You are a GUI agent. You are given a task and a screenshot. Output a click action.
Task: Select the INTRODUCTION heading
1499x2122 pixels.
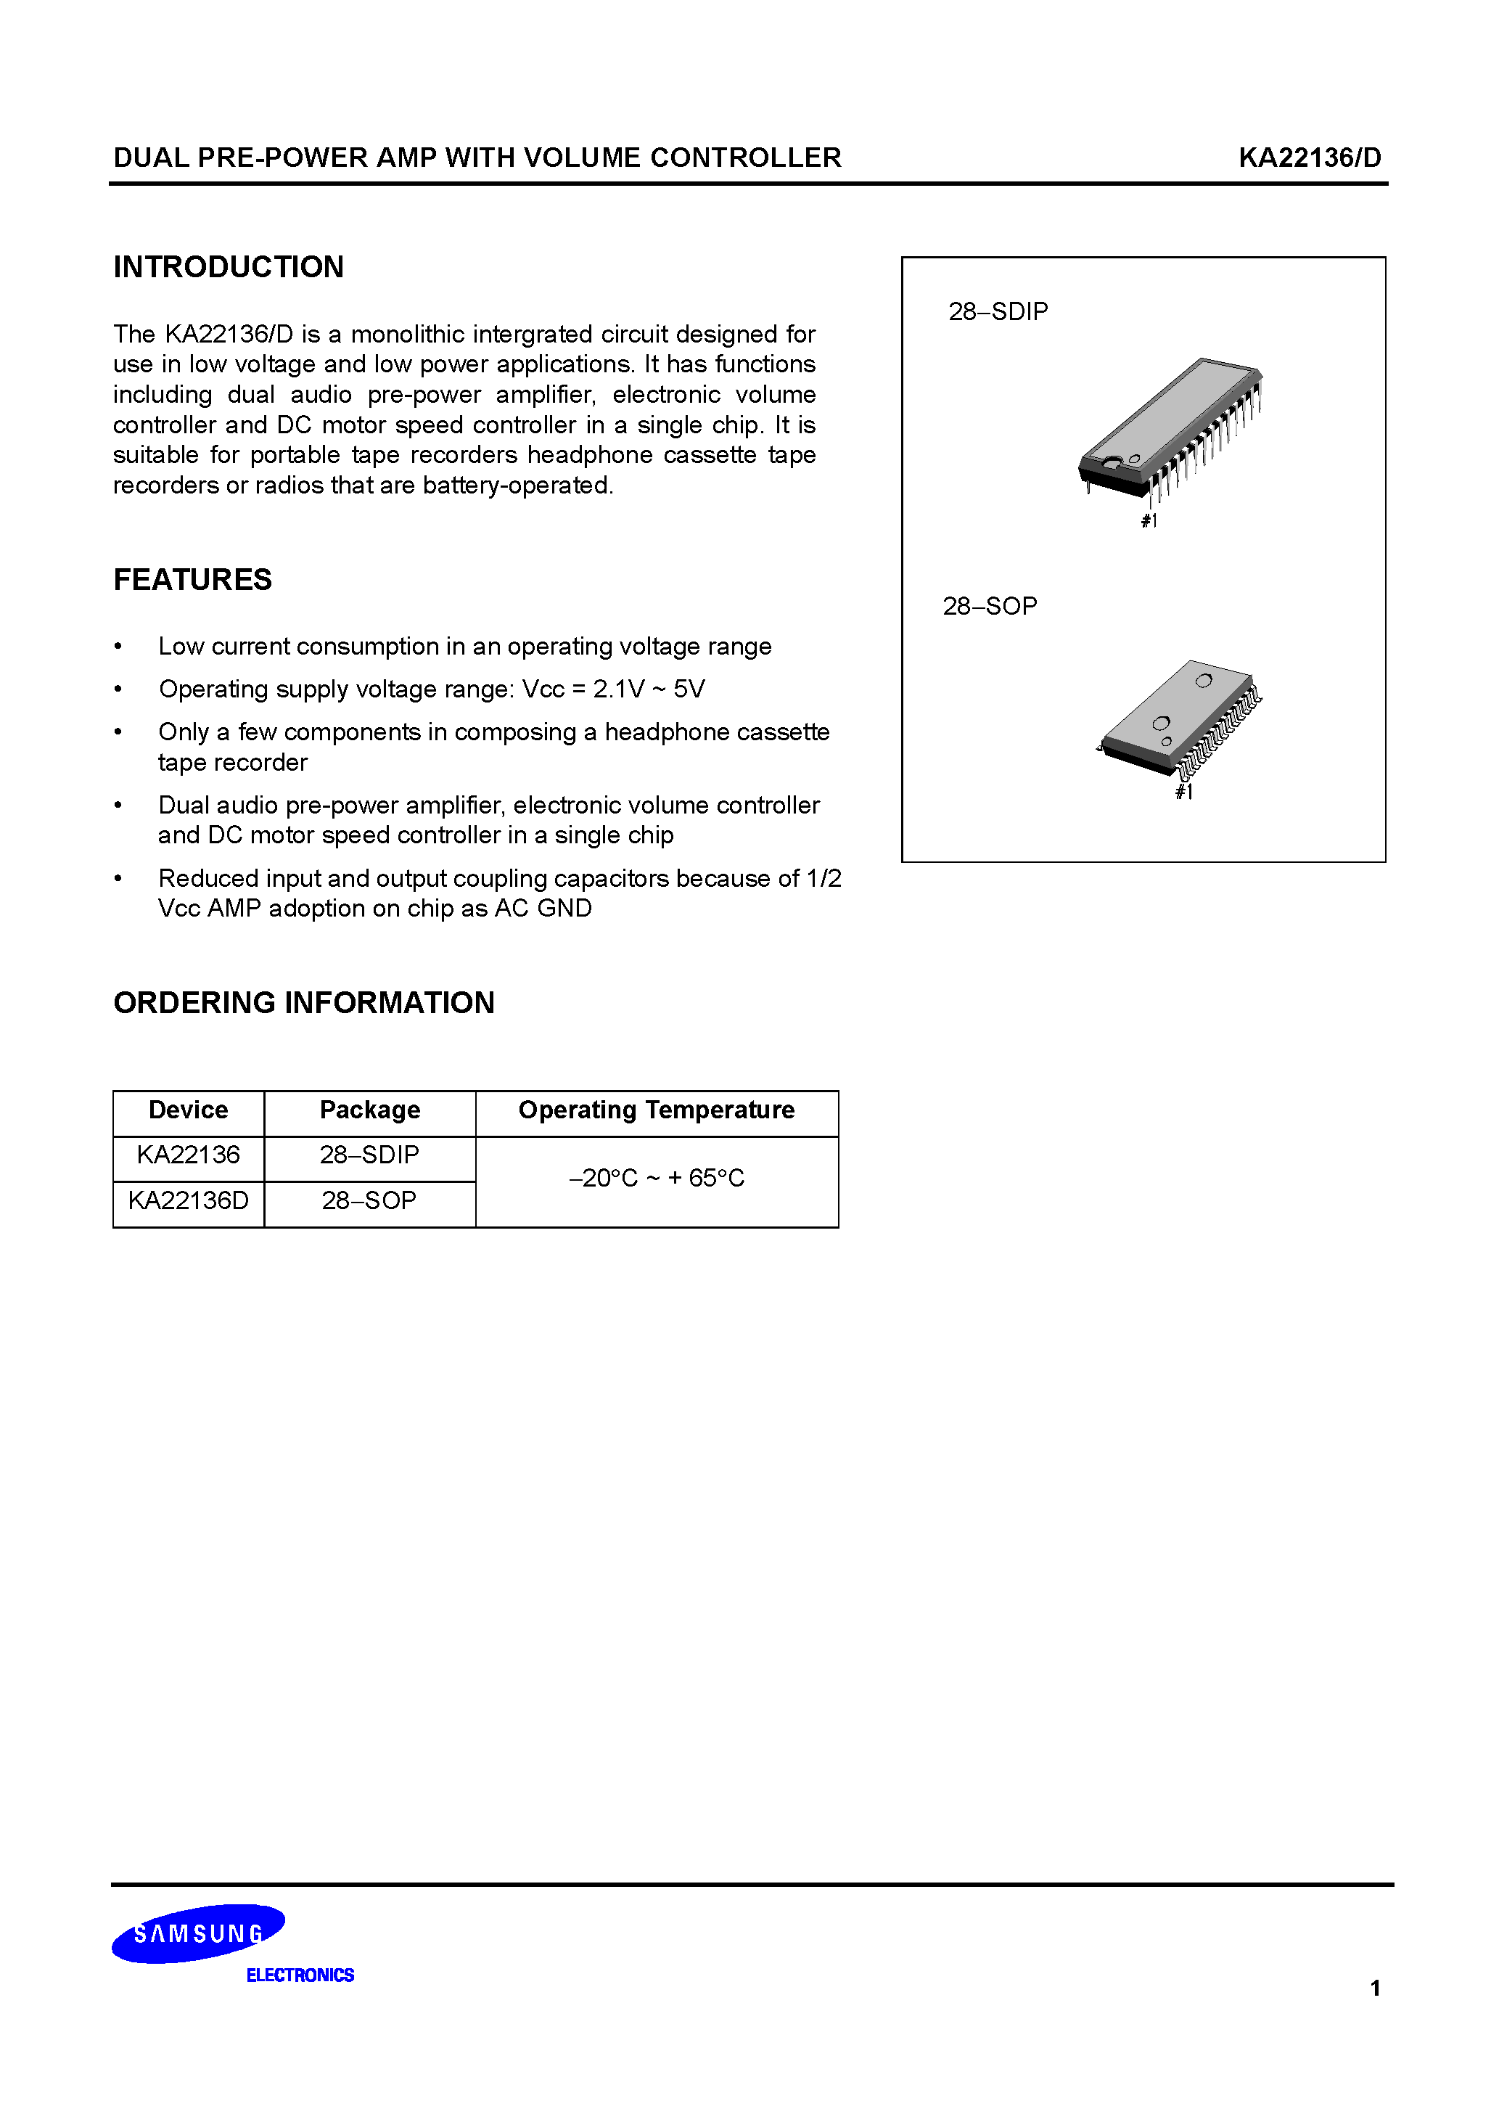coord(229,267)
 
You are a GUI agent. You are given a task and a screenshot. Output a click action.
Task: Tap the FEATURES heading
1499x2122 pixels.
coord(192,579)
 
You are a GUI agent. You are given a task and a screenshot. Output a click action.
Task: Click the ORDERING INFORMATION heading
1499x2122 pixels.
coord(303,1003)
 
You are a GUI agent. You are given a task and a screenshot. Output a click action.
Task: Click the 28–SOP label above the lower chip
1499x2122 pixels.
coord(989,606)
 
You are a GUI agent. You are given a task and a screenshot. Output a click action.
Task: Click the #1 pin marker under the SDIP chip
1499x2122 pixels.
coord(1149,521)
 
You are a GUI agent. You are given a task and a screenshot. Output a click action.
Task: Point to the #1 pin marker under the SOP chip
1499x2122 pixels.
coord(1184,792)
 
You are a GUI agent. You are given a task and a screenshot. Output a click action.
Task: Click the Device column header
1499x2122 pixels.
coord(189,1110)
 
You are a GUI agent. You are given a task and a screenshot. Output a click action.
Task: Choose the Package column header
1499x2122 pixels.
coord(369,1110)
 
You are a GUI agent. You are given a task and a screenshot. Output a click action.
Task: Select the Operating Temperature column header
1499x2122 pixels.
coord(656,1110)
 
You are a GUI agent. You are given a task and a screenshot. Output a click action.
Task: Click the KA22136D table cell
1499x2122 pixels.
coord(189,1200)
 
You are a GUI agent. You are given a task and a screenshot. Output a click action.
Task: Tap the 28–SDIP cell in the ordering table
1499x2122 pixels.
coord(369,1155)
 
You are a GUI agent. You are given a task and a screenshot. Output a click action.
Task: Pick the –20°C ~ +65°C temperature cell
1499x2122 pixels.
coord(656,1179)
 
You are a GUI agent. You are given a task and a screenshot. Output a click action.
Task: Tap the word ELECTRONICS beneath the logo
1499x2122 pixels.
coord(300,1975)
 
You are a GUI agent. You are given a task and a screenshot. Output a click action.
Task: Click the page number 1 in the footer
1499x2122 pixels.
coord(1375,1988)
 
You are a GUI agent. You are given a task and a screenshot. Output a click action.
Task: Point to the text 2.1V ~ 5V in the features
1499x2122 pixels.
coord(649,689)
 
